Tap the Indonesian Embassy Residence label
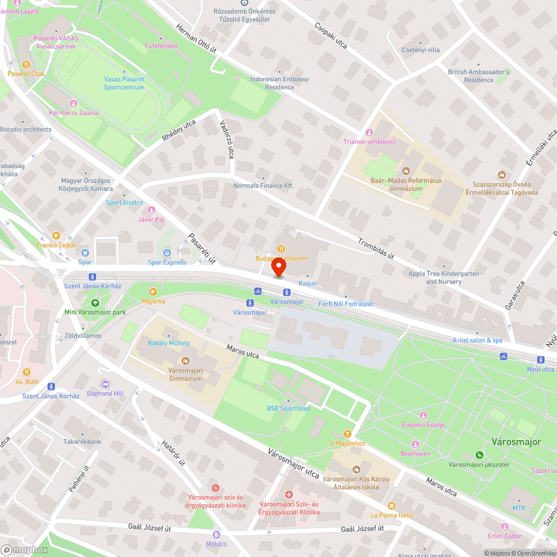(x=279, y=83)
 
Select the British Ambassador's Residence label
(x=478, y=76)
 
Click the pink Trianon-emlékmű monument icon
(x=368, y=132)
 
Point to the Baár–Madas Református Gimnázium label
(x=406, y=184)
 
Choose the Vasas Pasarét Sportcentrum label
(x=124, y=83)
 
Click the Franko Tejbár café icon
(x=56, y=236)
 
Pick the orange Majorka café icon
(x=153, y=291)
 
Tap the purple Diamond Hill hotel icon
(x=105, y=384)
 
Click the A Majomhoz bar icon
(x=348, y=434)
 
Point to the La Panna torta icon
(x=392, y=506)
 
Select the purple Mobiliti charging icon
(x=217, y=534)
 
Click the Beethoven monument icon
(x=415, y=444)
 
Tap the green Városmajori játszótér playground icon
(x=479, y=455)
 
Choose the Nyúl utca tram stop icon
(x=540, y=360)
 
